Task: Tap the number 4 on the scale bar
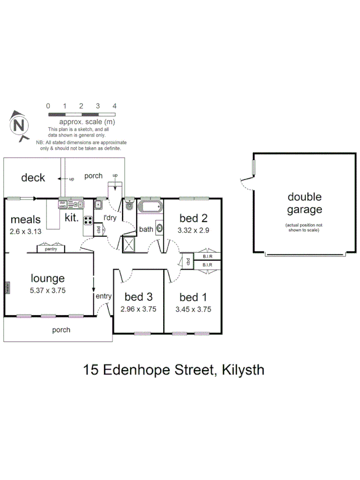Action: click(x=114, y=106)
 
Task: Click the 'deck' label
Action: click(x=33, y=178)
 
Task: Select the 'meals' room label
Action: click(x=26, y=220)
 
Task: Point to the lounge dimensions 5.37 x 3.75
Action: click(x=47, y=289)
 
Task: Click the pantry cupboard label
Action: click(x=51, y=249)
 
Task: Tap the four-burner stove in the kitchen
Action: click(x=88, y=220)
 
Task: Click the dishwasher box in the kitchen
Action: click(x=62, y=203)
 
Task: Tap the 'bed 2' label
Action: click(x=193, y=218)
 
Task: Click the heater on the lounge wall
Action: click(x=7, y=287)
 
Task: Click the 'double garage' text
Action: click(x=305, y=203)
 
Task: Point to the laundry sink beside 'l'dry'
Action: click(x=99, y=204)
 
